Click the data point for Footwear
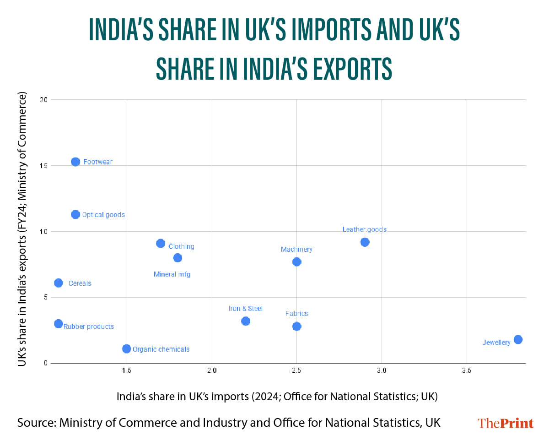(x=75, y=162)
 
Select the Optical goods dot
(x=75, y=214)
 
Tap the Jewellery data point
(x=518, y=339)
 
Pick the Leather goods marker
(x=365, y=242)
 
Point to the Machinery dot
(x=296, y=261)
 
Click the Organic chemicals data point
(x=127, y=349)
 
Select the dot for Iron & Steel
(x=246, y=321)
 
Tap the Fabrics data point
(x=296, y=326)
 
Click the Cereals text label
(x=80, y=283)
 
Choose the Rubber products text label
(x=89, y=327)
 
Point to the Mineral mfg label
(x=172, y=275)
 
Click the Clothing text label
(x=181, y=247)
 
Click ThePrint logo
(x=506, y=423)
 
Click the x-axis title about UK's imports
(x=277, y=397)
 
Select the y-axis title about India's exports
(x=22, y=229)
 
